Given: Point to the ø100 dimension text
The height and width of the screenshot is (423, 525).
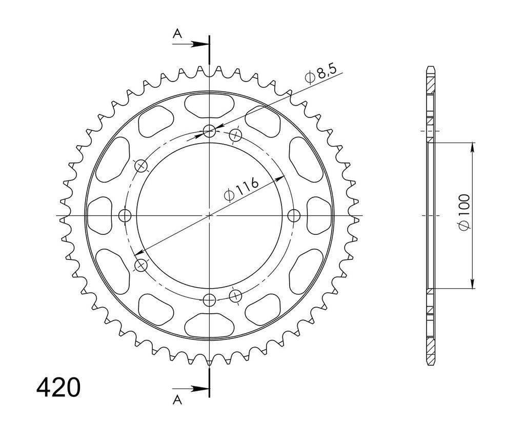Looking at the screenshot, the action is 465,212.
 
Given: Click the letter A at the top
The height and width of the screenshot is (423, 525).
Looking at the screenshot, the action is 177,33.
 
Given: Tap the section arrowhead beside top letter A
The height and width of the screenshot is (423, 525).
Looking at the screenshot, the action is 199,44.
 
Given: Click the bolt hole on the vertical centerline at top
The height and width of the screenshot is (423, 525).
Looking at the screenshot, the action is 210,131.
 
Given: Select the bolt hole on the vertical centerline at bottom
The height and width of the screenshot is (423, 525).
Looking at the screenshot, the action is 210,300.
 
